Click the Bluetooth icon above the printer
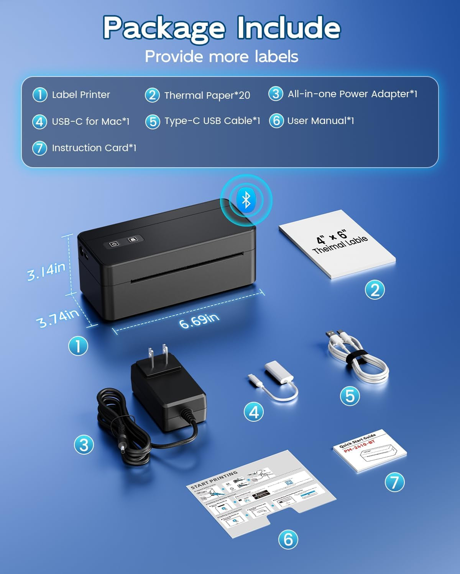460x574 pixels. click(246, 199)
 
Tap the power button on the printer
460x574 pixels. click(114, 244)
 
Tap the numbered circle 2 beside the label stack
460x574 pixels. click(375, 290)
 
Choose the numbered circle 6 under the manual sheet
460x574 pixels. click(288, 539)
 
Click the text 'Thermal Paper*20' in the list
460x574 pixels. click(207, 95)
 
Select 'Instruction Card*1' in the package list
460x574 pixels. click(94, 148)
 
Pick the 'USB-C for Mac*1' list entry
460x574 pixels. click(90, 122)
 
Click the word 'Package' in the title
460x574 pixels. click(164, 28)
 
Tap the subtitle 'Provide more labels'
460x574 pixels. click(222, 57)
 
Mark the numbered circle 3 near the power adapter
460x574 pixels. click(84, 445)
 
